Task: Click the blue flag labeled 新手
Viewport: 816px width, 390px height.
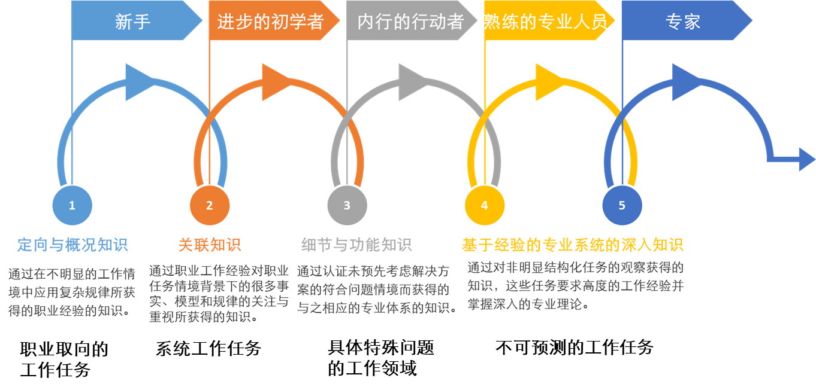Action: point(133,22)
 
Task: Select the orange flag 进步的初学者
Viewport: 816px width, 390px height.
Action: point(270,22)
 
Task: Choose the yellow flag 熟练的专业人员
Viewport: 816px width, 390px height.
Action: point(546,22)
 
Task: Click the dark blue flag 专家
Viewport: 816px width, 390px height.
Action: point(683,22)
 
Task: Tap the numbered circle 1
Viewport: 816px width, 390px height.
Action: point(72,205)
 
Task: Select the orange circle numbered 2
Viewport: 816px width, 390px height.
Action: point(209,205)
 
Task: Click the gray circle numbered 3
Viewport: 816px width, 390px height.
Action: point(347,205)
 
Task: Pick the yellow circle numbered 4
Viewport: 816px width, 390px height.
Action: point(484,205)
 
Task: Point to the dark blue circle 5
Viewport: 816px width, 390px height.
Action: point(622,205)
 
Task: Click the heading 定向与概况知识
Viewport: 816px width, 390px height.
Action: point(72,245)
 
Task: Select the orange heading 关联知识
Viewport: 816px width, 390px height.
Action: point(210,245)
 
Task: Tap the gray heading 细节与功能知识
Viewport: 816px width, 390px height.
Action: point(356,245)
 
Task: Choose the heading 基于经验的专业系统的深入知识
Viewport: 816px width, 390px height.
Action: point(572,245)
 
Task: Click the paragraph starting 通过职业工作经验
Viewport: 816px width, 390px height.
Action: point(219,294)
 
